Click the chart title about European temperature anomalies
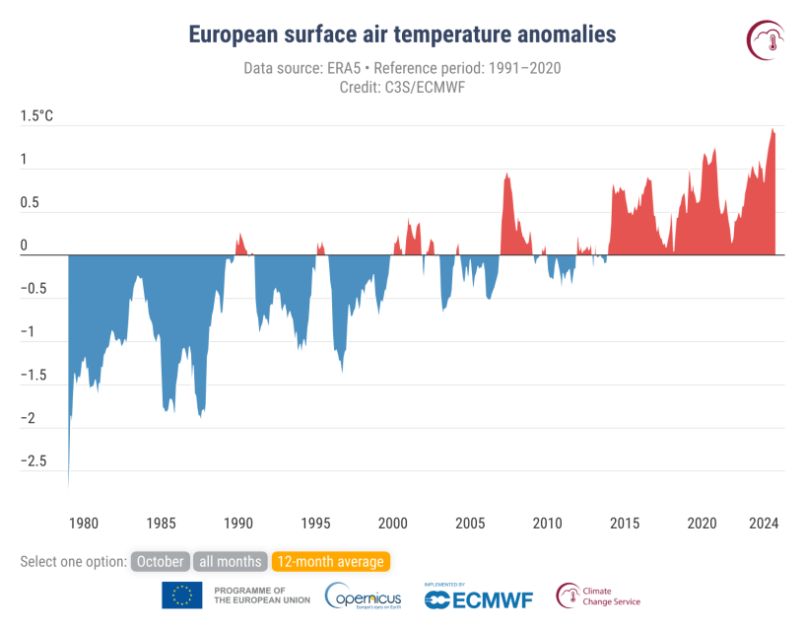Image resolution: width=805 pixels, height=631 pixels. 402,35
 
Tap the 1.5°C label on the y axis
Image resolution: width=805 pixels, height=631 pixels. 36,116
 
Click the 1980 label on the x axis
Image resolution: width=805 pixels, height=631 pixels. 83,523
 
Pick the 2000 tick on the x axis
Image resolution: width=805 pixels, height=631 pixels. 392,523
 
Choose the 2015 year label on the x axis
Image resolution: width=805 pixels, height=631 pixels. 625,523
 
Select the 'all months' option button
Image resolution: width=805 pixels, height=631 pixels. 229,562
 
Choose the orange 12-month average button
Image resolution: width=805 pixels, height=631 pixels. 330,562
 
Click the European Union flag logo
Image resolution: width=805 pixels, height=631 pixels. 182,595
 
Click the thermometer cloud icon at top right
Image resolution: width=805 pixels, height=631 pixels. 766,37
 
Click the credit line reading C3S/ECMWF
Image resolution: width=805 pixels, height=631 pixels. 402,87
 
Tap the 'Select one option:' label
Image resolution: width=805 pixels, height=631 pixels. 73,562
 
